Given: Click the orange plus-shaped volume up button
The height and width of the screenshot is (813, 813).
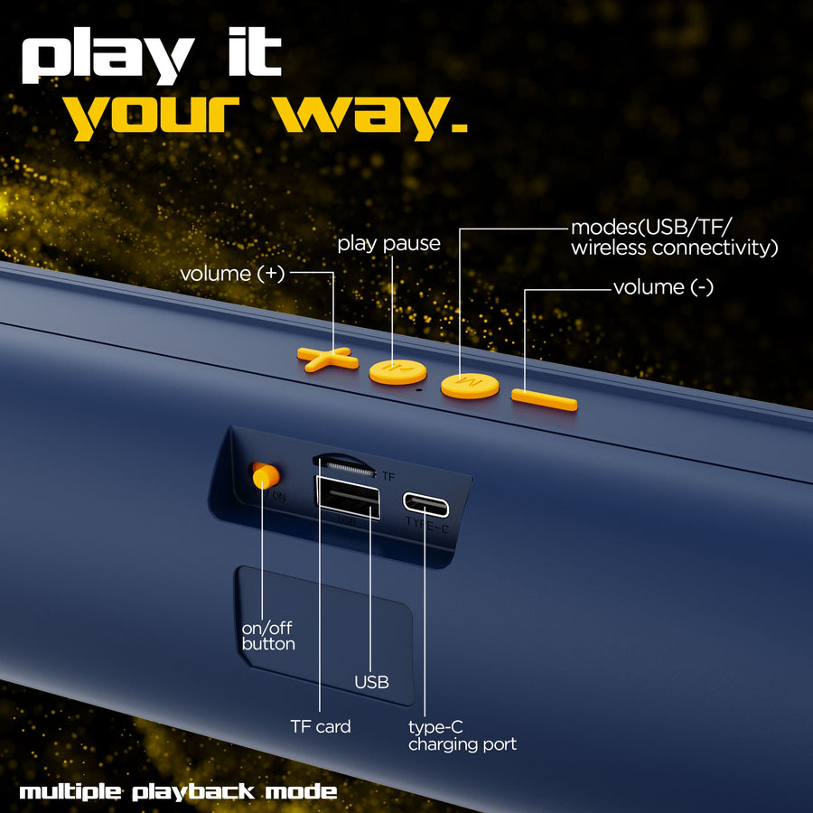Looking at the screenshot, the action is click(327, 359).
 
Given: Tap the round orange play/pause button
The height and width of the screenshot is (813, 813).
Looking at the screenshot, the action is click(397, 372).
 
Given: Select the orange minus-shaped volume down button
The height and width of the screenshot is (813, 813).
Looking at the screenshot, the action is click(545, 400).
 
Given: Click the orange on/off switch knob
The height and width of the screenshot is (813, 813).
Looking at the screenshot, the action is click(266, 476).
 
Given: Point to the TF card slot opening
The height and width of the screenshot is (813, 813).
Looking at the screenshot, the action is click(344, 465).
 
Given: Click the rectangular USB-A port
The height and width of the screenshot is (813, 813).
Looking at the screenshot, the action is click(348, 498).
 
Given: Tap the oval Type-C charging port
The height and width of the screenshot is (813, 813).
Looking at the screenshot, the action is click(425, 504).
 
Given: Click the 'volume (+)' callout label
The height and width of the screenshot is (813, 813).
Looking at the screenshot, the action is click(232, 273).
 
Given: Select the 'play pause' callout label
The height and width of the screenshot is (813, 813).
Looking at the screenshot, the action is click(388, 244).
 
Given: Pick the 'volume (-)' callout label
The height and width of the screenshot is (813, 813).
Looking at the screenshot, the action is click(663, 286).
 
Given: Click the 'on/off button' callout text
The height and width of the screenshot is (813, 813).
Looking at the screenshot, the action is click(268, 636).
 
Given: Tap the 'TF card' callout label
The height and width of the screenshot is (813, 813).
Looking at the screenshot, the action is click(321, 726).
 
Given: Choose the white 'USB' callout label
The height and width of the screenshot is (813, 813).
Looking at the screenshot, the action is click(372, 682).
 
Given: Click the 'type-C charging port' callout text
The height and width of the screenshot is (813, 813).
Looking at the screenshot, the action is click(463, 735).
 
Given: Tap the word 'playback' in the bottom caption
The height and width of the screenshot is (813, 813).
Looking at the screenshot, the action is click(193, 791).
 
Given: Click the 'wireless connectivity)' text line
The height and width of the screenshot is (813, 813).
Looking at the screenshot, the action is click(675, 248).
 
